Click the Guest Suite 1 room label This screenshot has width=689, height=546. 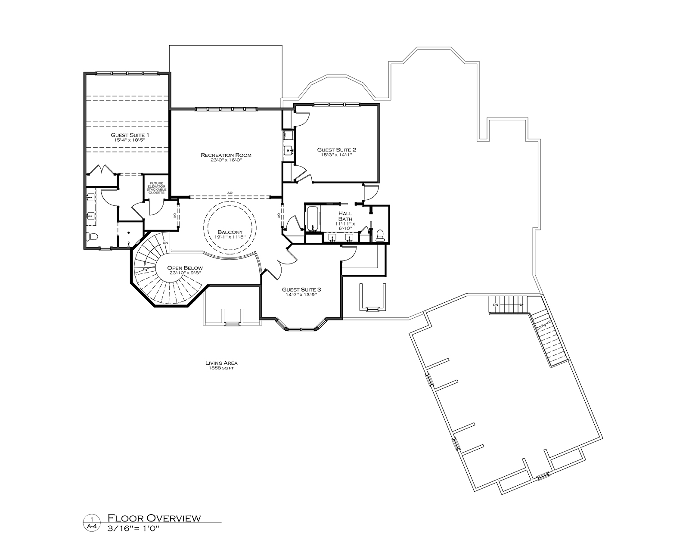(130, 135)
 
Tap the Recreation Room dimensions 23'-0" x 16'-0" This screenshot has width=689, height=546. (226, 160)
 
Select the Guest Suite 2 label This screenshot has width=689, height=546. (336, 149)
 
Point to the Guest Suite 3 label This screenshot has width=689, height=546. (301, 289)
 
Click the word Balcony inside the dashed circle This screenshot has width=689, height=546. (230, 232)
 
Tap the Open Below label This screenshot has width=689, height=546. (185, 268)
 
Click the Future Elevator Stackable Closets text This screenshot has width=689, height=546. (156, 188)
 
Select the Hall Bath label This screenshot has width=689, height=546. (345, 216)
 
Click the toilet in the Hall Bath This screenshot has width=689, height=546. (380, 235)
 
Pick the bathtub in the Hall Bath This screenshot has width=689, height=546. (313, 219)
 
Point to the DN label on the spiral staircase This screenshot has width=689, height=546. (165, 243)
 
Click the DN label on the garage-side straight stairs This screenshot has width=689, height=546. (495, 305)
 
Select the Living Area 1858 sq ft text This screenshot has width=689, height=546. (221, 366)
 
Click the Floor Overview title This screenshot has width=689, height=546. (154, 518)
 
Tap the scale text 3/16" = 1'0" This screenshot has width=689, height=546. (133, 529)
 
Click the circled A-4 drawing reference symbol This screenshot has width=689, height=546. (92, 523)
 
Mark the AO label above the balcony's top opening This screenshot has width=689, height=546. (230, 193)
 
